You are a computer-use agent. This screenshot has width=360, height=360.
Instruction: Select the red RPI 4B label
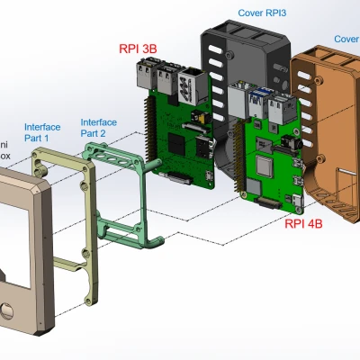[305, 225]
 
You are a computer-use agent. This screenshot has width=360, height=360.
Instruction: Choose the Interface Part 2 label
[100, 128]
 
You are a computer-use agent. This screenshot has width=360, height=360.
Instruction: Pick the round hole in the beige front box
[9, 311]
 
